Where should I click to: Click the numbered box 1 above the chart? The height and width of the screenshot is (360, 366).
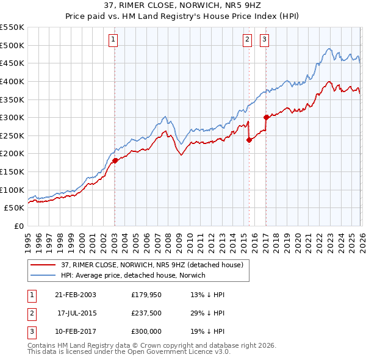coord(114,40)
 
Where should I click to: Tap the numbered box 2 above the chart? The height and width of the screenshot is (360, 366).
coord(248,40)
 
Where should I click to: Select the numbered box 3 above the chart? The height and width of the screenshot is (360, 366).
coord(265,40)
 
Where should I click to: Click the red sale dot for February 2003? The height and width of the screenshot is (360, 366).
coord(115,161)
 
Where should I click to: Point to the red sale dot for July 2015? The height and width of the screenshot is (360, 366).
coord(249,140)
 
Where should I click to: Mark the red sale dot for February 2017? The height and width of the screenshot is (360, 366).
coord(266,117)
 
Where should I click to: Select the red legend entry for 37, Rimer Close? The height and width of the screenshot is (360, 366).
coord(152,265)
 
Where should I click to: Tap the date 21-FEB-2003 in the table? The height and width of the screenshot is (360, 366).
coord(76,294)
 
